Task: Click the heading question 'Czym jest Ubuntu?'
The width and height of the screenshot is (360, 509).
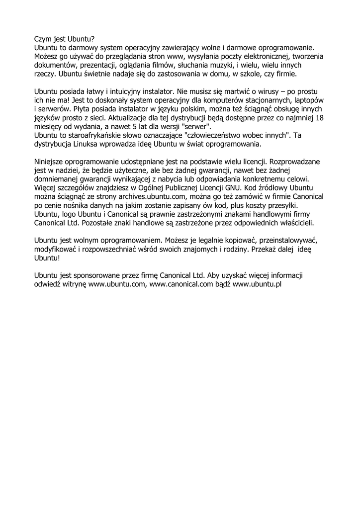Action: (64, 38)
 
